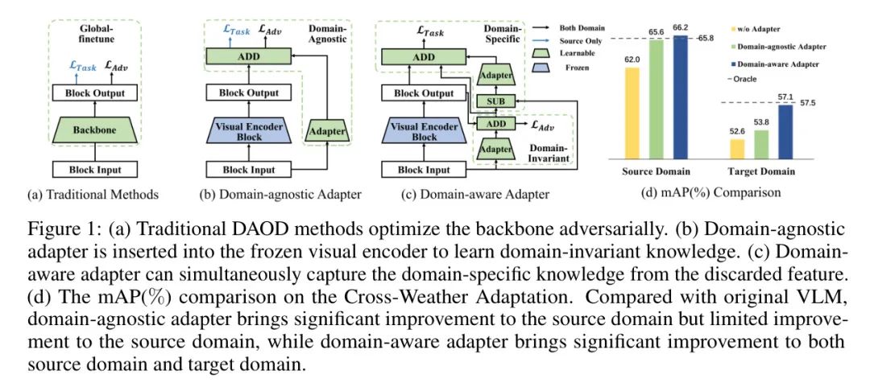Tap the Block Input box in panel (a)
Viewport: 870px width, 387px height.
tap(96, 169)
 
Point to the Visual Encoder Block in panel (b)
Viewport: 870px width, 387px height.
tap(242, 131)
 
